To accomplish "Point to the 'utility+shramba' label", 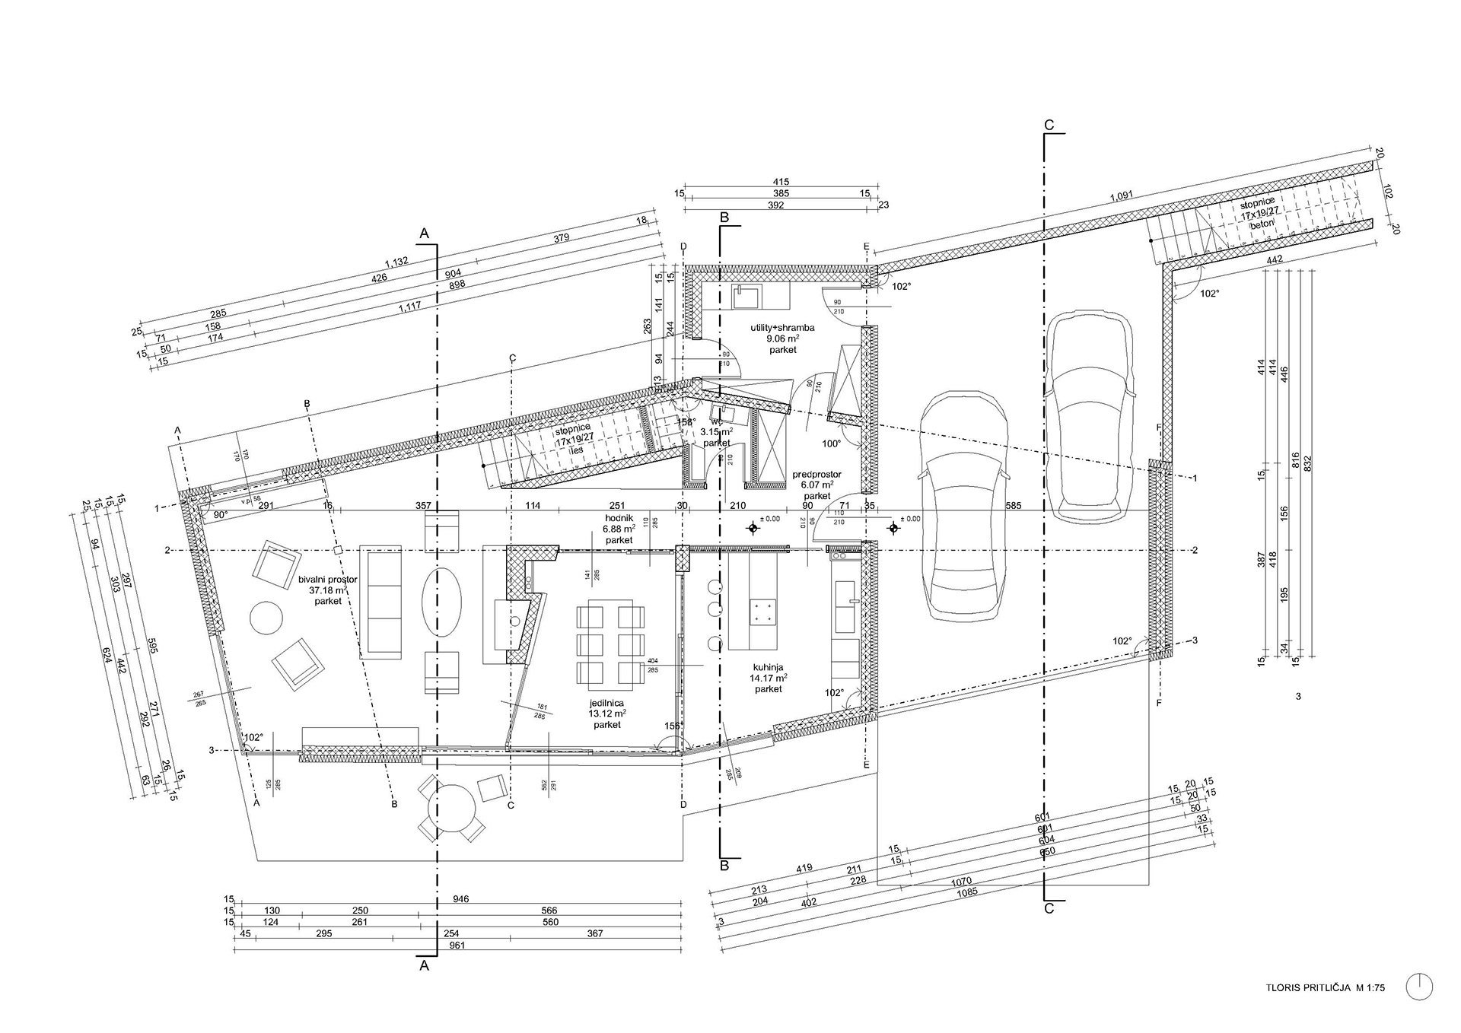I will click(x=782, y=329).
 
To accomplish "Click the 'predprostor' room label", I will click(x=817, y=474).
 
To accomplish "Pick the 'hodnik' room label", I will click(x=619, y=516).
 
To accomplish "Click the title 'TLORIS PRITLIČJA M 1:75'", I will click(x=1326, y=1009).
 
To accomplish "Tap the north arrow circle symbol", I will click(x=1420, y=1008).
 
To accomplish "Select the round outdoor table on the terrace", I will click(x=454, y=811).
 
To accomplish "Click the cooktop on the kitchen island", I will click(x=763, y=611).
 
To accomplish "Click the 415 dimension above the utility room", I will click(x=781, y=182).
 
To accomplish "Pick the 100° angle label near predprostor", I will click(x=830, y=443).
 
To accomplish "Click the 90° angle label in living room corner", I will click(x=221, y=515).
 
